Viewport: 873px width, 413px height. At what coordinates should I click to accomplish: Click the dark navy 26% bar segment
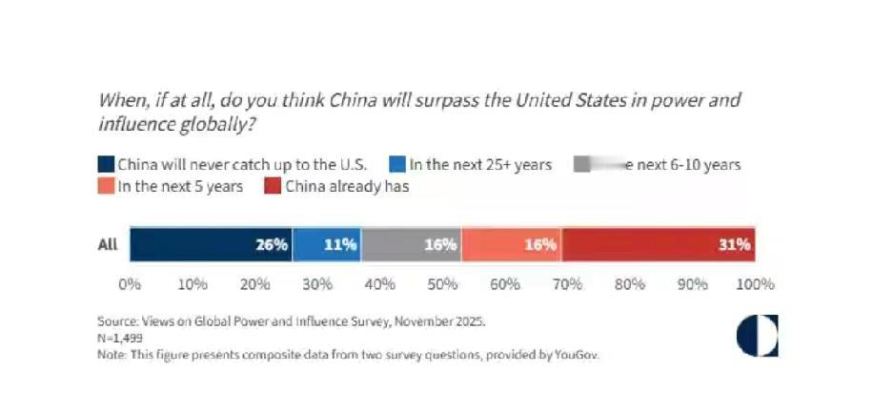210,244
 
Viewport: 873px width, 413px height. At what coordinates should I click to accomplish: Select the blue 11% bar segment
326,244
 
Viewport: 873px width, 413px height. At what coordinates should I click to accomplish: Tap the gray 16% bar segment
411,244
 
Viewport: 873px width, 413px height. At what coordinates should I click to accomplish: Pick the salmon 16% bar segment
511,244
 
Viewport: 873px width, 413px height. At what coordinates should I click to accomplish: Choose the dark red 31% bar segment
659,244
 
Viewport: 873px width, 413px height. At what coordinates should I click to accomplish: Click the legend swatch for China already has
272,186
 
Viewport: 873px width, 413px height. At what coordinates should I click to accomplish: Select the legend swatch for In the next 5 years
106,186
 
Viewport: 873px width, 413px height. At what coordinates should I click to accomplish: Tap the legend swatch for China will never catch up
106,164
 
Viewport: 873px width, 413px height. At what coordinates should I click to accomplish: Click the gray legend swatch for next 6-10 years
582,164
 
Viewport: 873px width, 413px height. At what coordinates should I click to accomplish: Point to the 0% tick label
130,284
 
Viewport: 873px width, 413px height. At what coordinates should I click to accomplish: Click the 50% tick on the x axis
442,284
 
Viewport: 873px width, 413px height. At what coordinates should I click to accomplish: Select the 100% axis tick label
755,284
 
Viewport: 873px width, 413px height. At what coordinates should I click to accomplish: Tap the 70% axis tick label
567,284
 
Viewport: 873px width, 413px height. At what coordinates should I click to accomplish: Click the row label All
108,244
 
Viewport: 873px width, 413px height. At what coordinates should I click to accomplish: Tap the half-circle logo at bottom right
757,336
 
